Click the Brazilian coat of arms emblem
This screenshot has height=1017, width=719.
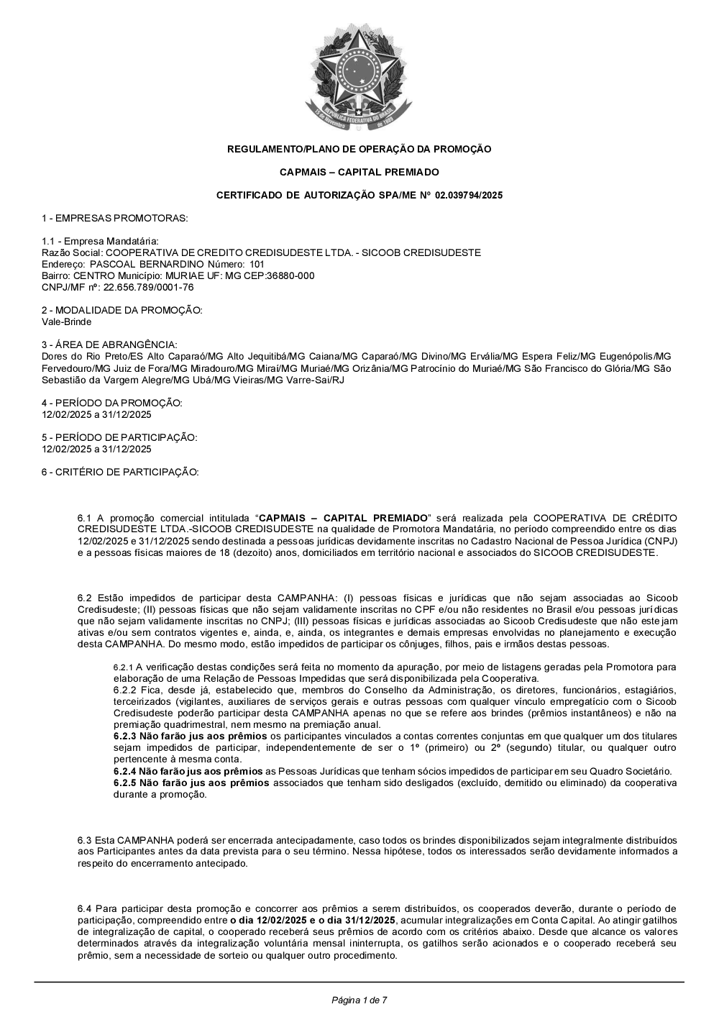359,76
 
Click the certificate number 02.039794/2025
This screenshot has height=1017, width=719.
469,196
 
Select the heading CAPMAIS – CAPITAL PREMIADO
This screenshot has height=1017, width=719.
359,173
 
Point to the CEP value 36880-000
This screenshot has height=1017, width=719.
290,276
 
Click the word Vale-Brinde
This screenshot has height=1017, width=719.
67,322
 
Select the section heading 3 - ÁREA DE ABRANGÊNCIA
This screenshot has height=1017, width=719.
109,345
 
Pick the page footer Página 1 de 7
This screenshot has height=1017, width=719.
359,1000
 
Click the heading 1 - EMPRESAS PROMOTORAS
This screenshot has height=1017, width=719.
115,218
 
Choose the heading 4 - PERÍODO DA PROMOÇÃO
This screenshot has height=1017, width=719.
112,403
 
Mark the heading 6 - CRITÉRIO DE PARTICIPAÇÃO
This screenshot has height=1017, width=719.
120,472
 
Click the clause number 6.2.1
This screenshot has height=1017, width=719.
123,667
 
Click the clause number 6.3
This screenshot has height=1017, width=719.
84,840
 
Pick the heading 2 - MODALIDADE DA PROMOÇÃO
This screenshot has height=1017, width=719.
122,310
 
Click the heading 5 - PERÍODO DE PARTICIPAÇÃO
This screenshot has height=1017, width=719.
119,437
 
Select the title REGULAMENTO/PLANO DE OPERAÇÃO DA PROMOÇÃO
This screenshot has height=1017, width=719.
359,150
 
